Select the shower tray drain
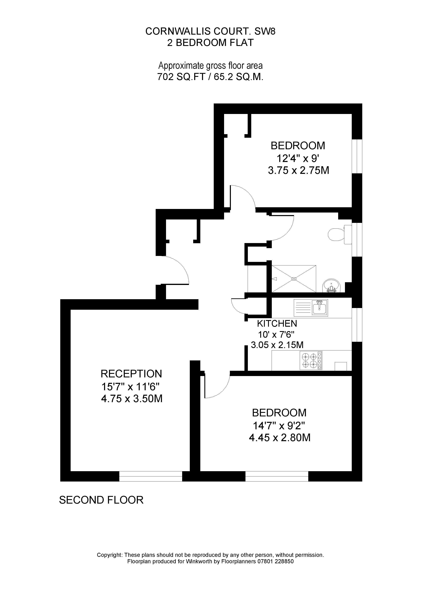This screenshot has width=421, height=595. tap(294, 279)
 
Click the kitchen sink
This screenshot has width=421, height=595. tap(320, 308)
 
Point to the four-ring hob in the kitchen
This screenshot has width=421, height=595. tap(310, 360)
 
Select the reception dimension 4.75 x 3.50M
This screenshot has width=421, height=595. tap(132, 399)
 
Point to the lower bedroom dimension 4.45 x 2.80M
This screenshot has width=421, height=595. tap(280, 438)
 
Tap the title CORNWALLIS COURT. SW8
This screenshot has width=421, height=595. tap(210, 31)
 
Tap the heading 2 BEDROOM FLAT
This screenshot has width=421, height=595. tap(210, 43)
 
